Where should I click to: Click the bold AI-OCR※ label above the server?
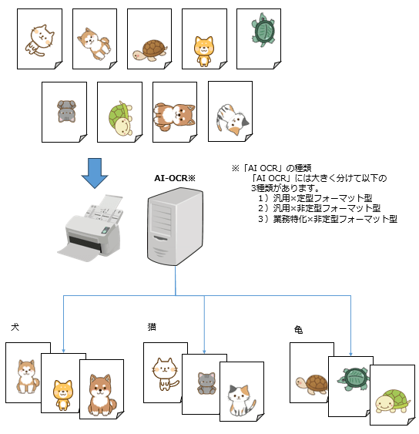click(x=175, y=178)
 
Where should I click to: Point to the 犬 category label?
click(x=15, y=328)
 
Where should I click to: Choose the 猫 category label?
click(x=152, y=327)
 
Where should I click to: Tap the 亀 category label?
click(x=298, y=329)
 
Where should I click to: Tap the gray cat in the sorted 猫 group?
click(x=206, y=383)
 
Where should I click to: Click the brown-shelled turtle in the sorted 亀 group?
click(x=312, y=382)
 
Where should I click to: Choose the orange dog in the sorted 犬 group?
click(x=62, y=393)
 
